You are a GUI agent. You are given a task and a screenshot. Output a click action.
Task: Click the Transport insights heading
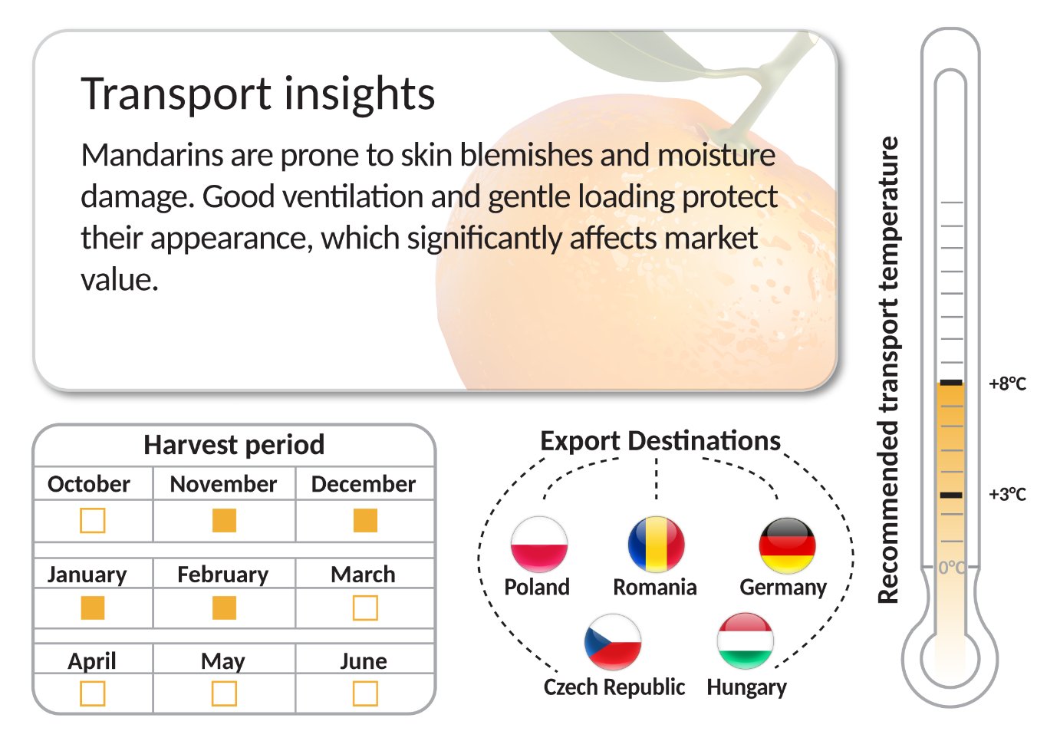[258, 94]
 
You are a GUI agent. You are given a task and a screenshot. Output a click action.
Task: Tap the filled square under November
[224, 520]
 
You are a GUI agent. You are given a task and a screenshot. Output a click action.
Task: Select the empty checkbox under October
[93, 520]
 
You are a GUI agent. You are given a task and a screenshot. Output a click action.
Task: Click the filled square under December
[365, 520]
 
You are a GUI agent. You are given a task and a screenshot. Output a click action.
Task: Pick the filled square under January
[93, 608]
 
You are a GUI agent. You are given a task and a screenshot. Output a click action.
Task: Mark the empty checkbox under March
[365, 608]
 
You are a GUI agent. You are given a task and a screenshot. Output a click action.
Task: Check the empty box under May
[224, 693]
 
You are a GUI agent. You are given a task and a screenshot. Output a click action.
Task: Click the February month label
[223, 575]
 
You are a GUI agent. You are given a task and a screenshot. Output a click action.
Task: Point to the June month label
[364, 661]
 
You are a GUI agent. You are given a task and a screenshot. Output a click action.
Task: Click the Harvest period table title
[234, 445]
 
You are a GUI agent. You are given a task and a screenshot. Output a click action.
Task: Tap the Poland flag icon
[539, 544]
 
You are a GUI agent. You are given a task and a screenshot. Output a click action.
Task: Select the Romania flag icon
[656, 544]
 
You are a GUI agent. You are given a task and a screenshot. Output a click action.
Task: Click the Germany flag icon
[787, 545]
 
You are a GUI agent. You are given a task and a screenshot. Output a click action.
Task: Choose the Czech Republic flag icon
[613, 642]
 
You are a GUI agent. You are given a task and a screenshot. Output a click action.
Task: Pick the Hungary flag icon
[746, 641]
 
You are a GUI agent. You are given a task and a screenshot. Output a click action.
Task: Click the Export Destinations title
[660, 440]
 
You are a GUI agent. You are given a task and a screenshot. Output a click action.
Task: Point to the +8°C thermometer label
[1007, 384]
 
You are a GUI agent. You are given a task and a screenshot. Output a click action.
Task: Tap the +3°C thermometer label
[1007, 494]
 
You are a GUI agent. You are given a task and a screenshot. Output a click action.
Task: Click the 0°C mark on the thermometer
[952, 567]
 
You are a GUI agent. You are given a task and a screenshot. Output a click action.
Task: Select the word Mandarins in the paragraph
[153, 155]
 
